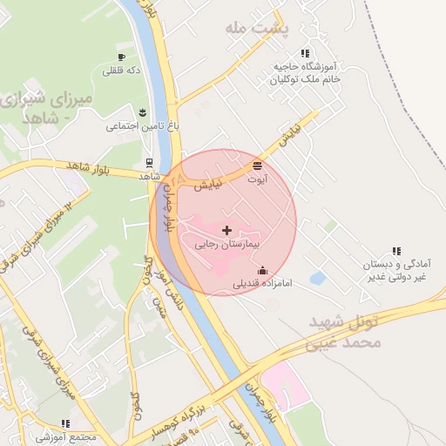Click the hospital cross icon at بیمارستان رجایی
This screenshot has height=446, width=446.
pos(227,230)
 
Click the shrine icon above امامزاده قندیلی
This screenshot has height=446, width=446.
pos(263,270)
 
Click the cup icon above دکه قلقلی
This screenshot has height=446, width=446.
pos(121,57)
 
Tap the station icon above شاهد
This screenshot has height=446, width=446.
pos(149,162)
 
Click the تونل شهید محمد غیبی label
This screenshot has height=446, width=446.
pos(344,333)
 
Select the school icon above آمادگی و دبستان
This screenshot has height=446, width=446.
pos(397,251)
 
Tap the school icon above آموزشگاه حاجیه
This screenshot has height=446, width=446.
pos(304,53)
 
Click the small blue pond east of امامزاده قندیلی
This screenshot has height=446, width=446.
pos(318,279)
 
